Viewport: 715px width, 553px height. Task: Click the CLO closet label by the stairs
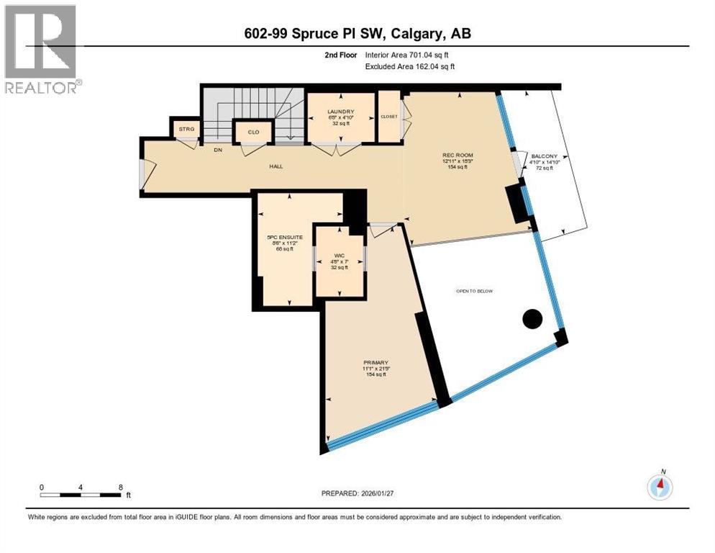click(x=253, y=132)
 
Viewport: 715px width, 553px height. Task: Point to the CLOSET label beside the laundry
click(x=389, y=116)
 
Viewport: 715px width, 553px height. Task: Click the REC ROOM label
click(x=457, y=155)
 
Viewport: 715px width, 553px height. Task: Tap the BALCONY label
click(x=544, y=156)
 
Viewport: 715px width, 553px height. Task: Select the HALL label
click(x=276, y=166)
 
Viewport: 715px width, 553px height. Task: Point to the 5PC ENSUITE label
click(x=285, y=237)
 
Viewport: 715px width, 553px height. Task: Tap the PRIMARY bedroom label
click(x=375, y=362)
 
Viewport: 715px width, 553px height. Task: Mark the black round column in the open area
click(x=532, y=318)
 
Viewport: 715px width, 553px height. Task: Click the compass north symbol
click(x=660, y=487)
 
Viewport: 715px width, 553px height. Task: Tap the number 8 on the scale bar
click(x=120, y=487)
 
